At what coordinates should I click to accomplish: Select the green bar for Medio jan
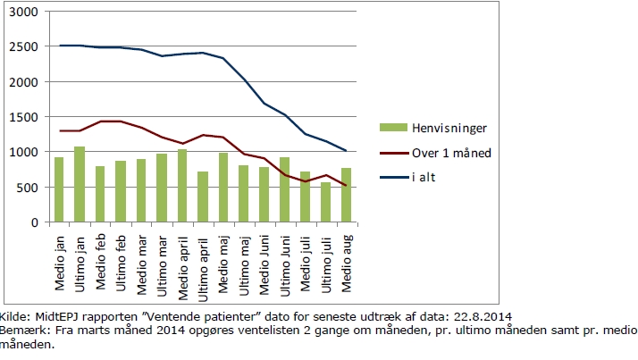coord(59,189)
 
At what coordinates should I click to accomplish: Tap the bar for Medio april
coord(182,186)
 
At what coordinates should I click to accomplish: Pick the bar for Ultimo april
coord(203,197)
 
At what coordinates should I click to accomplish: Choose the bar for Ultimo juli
coord(326,202)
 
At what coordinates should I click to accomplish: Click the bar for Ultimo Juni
coord(285,189)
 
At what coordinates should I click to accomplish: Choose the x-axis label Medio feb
coord(100,262)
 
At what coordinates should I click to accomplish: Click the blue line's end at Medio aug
coord(346,151)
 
